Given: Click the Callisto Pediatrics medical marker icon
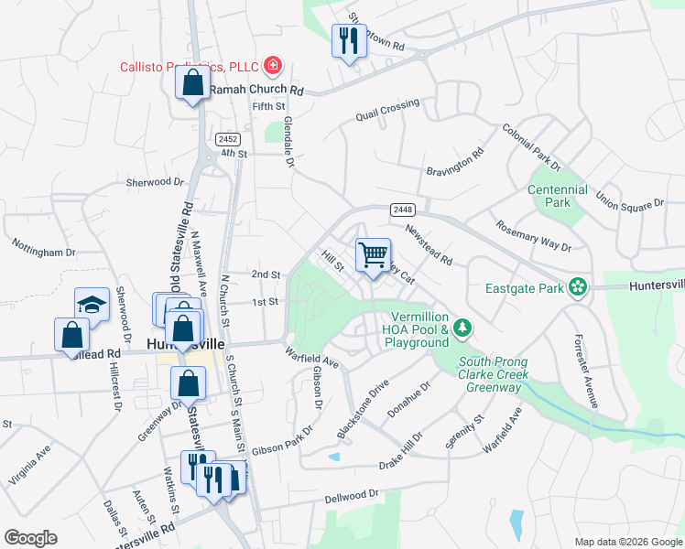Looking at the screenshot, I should pos(272,66).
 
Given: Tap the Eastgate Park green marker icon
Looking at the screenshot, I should pos(577,287).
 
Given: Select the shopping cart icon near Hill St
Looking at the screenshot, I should pos(373,254).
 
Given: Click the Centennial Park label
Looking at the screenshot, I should pos(558,196).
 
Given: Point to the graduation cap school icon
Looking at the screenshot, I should pos(92,304).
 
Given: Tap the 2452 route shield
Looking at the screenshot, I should pos(228,139).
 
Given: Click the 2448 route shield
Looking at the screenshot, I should pos(402,209).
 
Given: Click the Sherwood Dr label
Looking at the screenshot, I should pos(155,182).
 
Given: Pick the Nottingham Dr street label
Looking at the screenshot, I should pos(44,248).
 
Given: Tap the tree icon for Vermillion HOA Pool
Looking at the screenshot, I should pos(463,327).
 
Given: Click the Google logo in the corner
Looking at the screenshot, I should pos(30,538).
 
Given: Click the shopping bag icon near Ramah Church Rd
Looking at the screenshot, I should pos(192,83).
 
